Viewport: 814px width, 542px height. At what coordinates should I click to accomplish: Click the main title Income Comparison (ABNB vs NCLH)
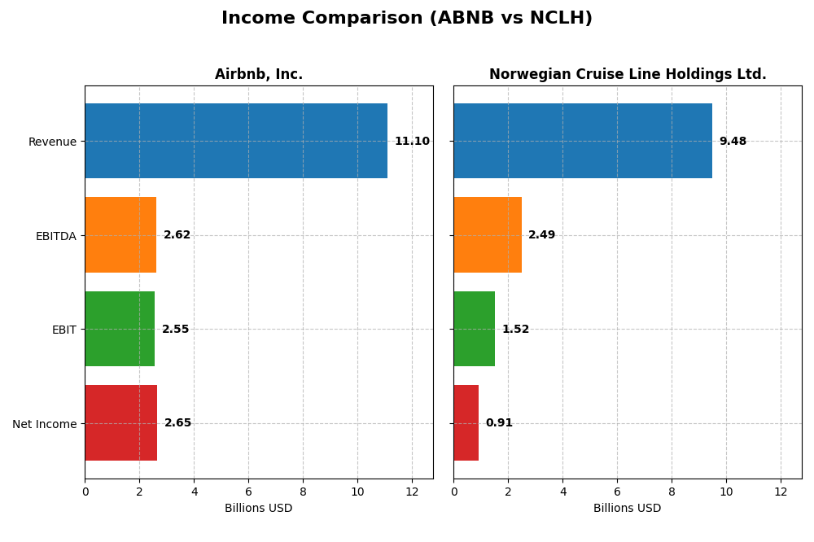(x=406, y=18)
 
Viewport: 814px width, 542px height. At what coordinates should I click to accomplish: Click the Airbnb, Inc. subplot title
(x=259, y=74)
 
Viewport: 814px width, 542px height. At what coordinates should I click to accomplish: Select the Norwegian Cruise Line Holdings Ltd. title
(x=628, y=74)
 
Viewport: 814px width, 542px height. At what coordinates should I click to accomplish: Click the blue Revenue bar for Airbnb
(x=236, y=141)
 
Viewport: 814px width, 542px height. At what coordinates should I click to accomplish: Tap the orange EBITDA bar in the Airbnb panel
(x=120, y=234)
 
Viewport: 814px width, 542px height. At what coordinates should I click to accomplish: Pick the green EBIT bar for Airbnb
(x=120, y=329)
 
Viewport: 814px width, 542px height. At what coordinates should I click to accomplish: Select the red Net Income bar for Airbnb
(x=121, y=423)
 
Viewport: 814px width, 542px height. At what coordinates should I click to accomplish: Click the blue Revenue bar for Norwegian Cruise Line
(x=583, y=141)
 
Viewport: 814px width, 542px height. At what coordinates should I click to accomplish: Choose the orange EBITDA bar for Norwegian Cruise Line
(x=488, y=234)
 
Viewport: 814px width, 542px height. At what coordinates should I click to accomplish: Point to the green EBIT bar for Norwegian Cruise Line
(x=475, y=329)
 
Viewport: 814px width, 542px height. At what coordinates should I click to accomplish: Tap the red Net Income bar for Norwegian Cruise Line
(x=466, y=423)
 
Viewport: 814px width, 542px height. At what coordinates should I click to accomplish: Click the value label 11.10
(x=412, y=142)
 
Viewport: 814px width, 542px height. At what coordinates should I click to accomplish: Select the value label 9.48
(x=733, y=142)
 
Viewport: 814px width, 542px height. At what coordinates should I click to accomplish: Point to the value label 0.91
(x=499, y=423)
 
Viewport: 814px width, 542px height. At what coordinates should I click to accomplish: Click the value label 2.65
(x=177, y=423)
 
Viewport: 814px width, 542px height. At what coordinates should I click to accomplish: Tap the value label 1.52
(x=515, y=330)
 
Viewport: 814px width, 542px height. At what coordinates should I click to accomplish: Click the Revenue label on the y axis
(x=52, y=142)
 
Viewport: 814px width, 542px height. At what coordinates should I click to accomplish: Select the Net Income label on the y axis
(x=45, y=424)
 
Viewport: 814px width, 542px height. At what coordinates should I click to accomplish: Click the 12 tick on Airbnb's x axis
(x=412, y=492)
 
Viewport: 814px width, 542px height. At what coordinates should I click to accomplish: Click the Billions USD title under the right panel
(x=627, y=508)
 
